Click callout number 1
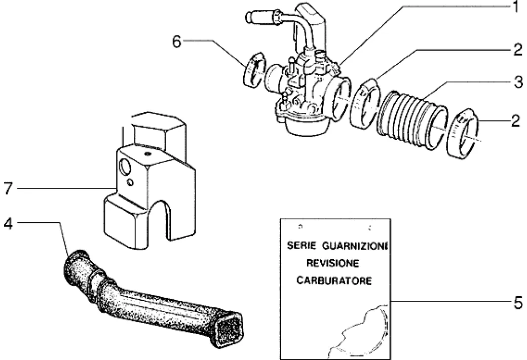pyautogui.click(x=516, y=7)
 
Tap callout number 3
pyautogui.click(x=518, y=82)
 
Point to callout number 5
pyautogui.click(x=518, y=303)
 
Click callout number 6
pyautogui.click(x=177, y=42)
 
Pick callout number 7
pyautogui.click(x=8, y=188)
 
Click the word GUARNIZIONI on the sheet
pyautogui.click(x=355, y=246)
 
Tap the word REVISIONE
pyautogui.click(x=332, y=263)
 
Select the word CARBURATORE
pyautogui.click(x=334, y=281)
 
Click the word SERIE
pyautogui.click(x=302, y=246)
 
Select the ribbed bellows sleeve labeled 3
pyautogui.click(x=412, y=119)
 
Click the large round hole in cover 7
pyautogui.click(x=125, y=167)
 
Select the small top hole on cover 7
pyautogui.click(x=147, y=154)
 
